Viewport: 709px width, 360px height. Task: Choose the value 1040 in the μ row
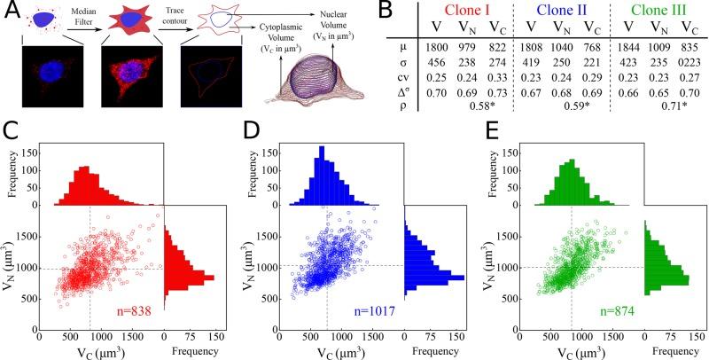558,46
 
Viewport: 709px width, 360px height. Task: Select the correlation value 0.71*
675,107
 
